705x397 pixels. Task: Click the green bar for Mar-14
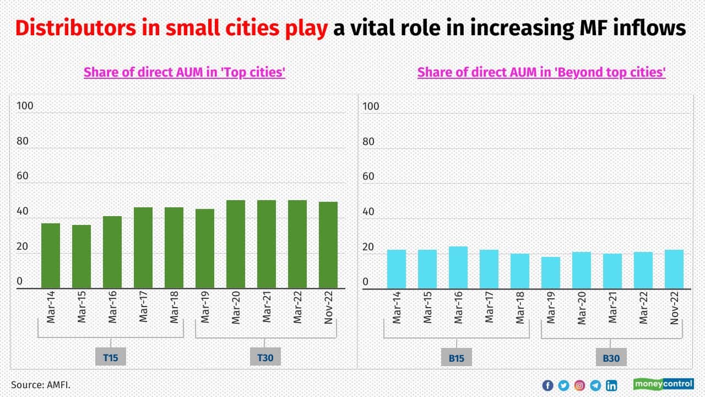(x=51, y=256)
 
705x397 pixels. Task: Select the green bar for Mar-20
(x=236, y=244)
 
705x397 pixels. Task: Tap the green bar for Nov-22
(x=328, y=245)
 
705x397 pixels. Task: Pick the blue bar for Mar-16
(x=458, y=267)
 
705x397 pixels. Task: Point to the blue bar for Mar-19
(x=551, y=273)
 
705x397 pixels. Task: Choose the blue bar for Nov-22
(x=674, y=269)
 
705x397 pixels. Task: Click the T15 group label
(x=111, y=357)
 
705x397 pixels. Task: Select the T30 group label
(x=265, y=357)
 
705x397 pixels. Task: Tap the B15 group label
(x=457, y=358)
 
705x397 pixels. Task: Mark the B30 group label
(x=611, y=358)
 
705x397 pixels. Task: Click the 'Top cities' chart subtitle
(x=184, y=72)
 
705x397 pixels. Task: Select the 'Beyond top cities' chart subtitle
(x=541, y=72)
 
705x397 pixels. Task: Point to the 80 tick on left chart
(x=23, y=141)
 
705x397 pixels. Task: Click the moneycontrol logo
(x=664, y=384)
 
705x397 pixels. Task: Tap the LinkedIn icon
(x=611, y=385)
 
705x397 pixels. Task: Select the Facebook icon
(x=547, y=385)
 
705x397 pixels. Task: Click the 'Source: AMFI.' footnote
(x=41, y=384)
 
